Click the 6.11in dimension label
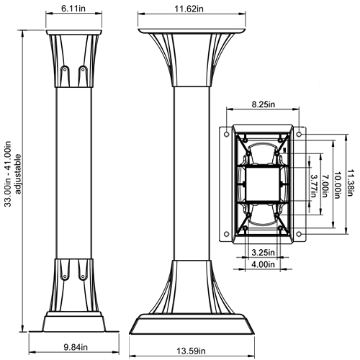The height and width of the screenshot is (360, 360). [x=73, y=9]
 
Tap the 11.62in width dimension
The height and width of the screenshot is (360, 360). [x=189, y=9]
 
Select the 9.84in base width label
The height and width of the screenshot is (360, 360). [x=76, y=347]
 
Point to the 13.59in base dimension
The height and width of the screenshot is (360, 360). [x=191, y=351]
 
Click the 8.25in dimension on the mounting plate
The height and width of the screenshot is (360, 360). [x=264, y=104]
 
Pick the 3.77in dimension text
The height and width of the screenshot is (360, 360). [x=314, y=186]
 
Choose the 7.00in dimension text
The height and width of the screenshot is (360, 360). [x=325, y=186]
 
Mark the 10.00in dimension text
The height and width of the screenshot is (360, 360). [x=338, y=185]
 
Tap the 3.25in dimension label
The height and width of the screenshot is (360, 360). [x=263, y=252]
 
